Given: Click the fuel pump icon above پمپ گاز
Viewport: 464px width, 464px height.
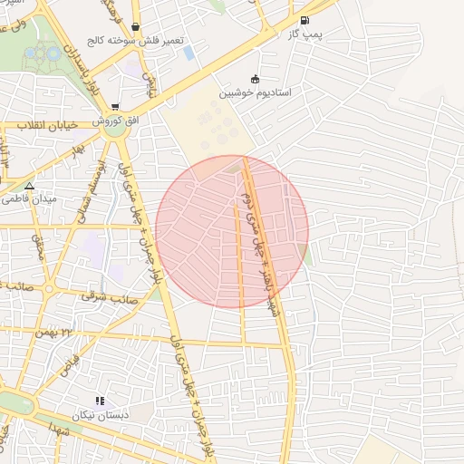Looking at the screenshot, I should point(303,20).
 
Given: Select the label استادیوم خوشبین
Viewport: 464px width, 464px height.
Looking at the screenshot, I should point(255,92).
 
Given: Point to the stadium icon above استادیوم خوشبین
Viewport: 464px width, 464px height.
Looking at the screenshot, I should point(255,79).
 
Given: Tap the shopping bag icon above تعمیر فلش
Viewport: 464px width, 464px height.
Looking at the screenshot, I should point(135,27).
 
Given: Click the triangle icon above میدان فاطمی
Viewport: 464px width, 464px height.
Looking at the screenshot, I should point(29,185).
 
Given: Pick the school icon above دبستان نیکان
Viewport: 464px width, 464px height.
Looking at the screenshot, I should point(100,401).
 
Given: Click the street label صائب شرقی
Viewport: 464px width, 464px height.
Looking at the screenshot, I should point(108,295).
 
